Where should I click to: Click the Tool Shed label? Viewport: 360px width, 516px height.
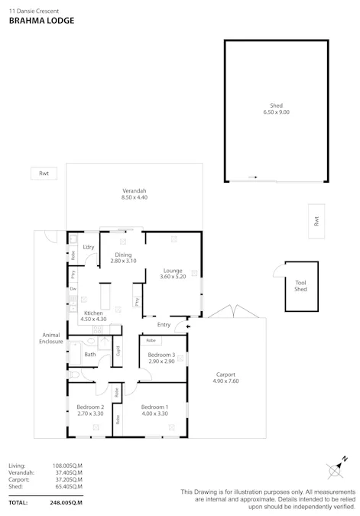click(x=300, y=287)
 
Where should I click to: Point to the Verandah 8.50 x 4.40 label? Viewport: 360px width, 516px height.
click(x=134, y=194)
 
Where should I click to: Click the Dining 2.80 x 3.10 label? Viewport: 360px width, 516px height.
click(x=123, y=258)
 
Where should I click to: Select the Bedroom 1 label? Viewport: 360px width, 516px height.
click(x=155, y=411)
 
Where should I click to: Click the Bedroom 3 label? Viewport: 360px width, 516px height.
click(x=161, y=357)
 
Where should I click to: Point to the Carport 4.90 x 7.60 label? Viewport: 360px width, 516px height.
click(x=225, y=377)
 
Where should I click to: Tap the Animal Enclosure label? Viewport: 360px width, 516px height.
click(x=51, y=339)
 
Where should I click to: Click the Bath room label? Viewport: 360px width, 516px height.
click(x=90, y=354)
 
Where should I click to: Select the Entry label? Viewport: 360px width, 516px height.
click(x=164, y=324)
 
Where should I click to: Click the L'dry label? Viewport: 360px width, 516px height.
click(x=89, y=247)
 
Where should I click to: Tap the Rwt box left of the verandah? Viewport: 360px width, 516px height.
click(x=44, y=174)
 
